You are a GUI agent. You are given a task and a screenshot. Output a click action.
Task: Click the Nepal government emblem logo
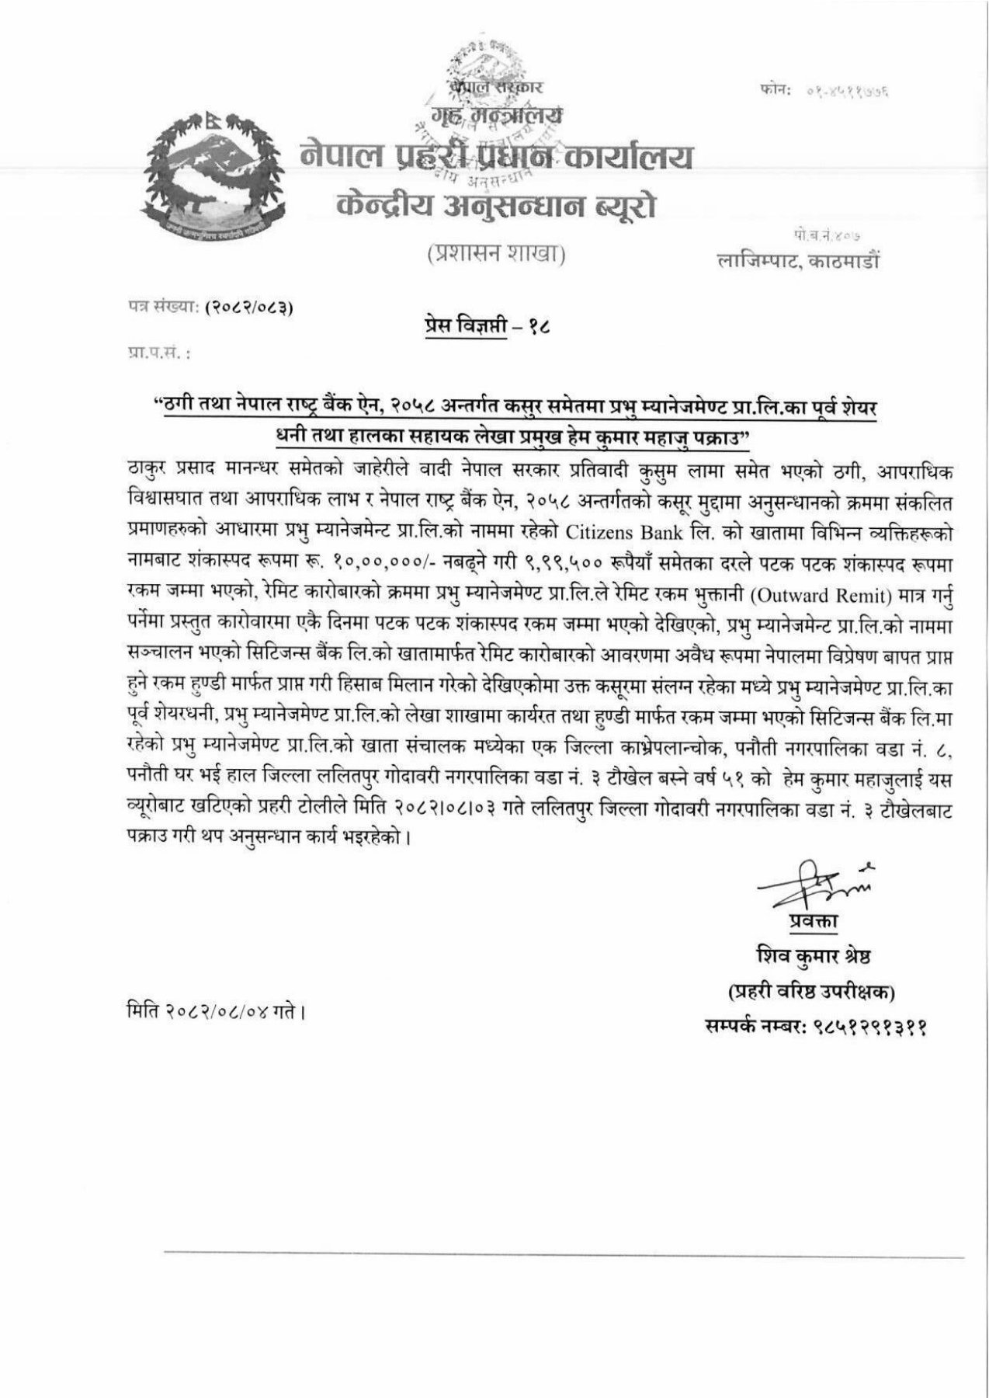[207, 172]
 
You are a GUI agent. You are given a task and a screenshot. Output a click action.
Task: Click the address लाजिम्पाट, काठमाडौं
[800, 263]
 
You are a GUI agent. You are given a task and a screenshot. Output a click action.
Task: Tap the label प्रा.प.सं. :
[158, 353]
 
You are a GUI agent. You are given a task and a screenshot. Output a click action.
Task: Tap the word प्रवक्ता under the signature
[814, 922]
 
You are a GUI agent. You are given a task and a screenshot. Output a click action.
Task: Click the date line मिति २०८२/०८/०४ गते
[213, 1012]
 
